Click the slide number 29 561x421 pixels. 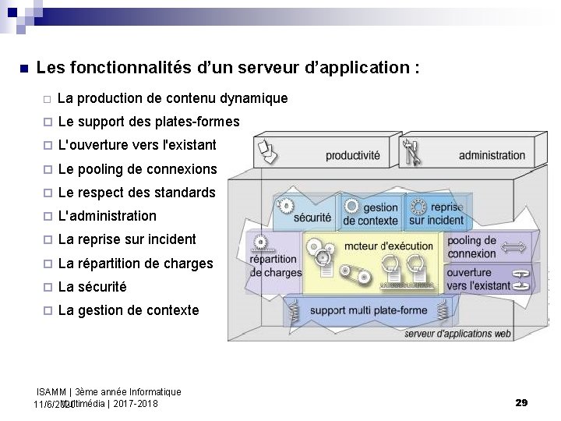pyautogui.click(x=522, y=402)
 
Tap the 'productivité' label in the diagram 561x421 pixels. pyautogui.click(x=353, y=155)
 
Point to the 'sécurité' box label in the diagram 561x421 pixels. pyautogui.click(x=312, y=218)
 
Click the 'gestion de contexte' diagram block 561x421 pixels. pyautogui.click(x=371, y=214)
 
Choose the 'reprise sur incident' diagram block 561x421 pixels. pyautogui.click(x=436, y=214)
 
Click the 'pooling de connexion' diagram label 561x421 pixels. pyautogui.click(x=471, y=247)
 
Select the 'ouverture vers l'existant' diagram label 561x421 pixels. pyautogui.click(x=479, y=278)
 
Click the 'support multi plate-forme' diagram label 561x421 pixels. pyautogui.click(x=369, y=310)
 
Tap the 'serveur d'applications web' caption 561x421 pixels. pyautogui.click(x=458, y=334)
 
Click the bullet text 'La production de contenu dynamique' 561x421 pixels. pyautogui.click(x=172, y=98)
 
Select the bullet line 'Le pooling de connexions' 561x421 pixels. pyautogui.click(x=137, y=169)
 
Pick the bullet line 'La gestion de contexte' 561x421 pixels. pyautogui.click(x=128, y=310)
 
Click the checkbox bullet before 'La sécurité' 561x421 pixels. pyautogui.click(x=47, y=287)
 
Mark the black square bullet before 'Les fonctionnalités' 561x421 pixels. pyautogui.click(x=23, y=68)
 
